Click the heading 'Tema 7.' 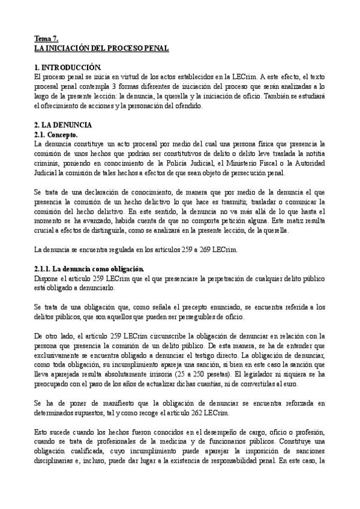click(46, 38)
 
